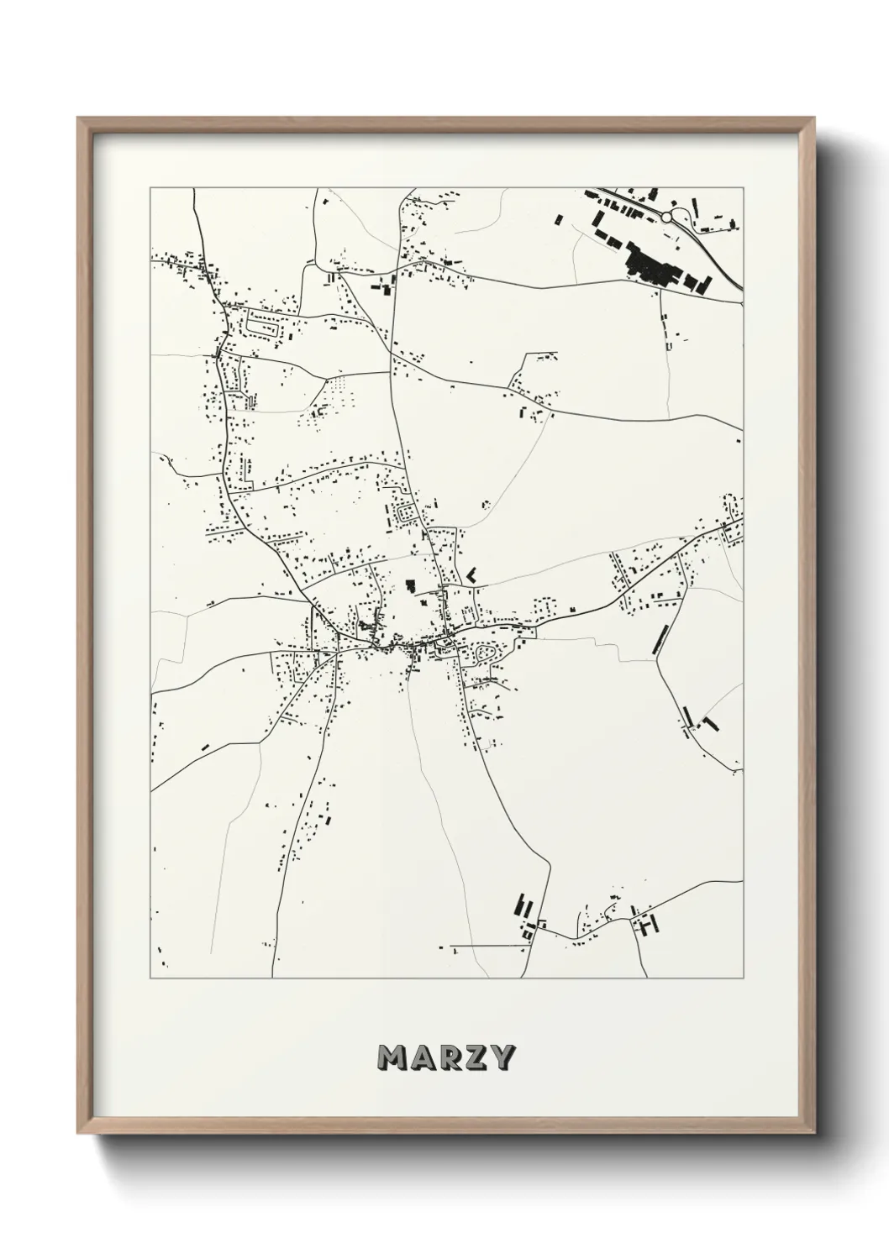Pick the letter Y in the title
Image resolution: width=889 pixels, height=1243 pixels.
[x=501, y=1058]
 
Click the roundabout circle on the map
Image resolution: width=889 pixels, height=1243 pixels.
[x=666, y=217]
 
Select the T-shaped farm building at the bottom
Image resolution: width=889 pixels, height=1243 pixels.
[x=649, y=926]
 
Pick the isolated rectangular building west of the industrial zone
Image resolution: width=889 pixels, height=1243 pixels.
[x=558, y=219]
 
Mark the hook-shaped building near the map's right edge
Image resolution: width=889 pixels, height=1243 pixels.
[x=711, y=722]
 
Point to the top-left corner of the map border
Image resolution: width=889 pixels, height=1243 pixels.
[x=150, y=188]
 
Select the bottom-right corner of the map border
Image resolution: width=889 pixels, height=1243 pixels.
[x=743, y=978]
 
